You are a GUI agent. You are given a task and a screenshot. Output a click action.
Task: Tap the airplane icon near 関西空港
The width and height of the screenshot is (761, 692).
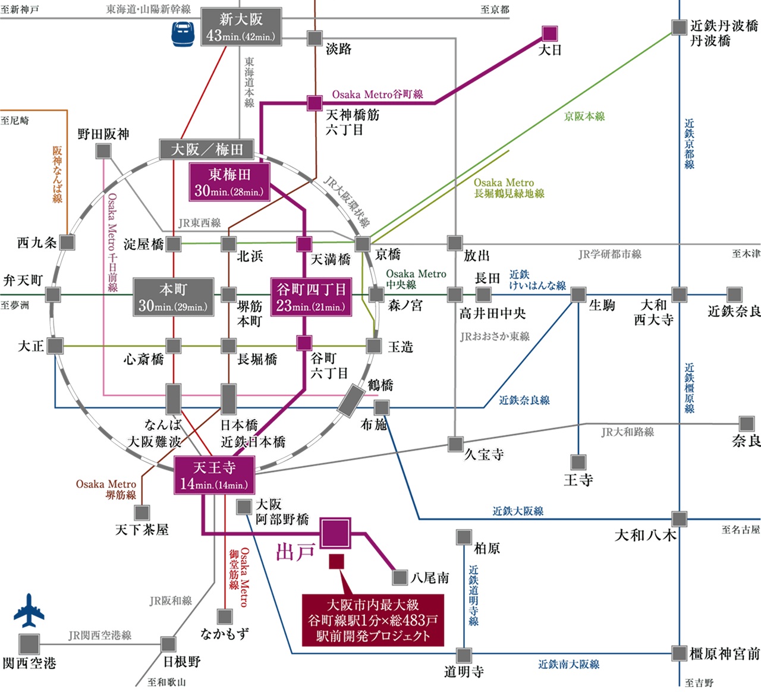29,610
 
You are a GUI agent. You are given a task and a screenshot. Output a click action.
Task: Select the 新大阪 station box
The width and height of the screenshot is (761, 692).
240,27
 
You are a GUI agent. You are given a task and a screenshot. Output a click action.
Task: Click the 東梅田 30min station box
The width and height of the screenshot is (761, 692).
229,182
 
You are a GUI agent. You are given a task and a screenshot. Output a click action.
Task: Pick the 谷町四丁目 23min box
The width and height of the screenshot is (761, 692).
310,297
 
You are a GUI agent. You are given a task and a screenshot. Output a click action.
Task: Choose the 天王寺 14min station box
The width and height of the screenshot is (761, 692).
214,475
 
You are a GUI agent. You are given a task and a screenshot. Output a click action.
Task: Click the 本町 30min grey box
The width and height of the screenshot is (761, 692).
173,297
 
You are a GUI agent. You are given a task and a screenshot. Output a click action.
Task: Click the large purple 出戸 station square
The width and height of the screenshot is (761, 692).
335,533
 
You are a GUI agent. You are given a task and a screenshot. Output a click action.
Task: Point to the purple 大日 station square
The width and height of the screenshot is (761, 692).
549,33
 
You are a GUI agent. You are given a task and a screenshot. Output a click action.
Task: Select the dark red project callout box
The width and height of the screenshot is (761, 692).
373,621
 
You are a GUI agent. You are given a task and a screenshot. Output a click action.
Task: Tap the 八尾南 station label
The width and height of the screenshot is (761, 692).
429,578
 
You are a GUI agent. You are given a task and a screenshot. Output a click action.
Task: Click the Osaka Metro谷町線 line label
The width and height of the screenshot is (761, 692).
378,95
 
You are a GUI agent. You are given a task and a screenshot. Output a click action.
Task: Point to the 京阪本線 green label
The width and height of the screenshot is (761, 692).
584,117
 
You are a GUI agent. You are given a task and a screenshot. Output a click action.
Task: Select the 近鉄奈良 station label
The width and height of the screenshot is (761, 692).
734,311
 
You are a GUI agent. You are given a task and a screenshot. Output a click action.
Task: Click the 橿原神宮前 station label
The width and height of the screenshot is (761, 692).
724,654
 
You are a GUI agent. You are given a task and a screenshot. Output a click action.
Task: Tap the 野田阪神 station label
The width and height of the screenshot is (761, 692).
103,134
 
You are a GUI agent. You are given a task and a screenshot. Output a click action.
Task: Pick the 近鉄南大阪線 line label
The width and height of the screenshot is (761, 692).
568,664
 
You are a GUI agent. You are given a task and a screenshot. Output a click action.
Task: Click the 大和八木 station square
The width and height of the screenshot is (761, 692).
679,518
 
